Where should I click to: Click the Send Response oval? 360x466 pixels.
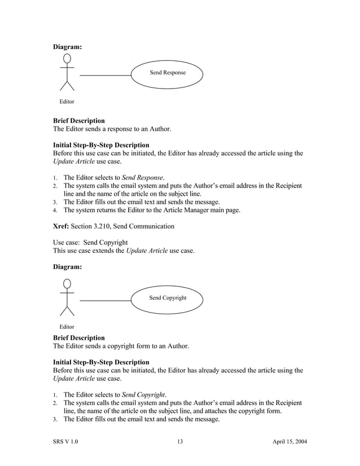[x=167, y=73]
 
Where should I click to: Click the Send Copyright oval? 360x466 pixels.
[x=167, y=298]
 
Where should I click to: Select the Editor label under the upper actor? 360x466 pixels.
[x=67, y=102]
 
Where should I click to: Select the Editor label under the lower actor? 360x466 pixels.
[x=67, y=327]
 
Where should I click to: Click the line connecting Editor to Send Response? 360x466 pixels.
[x=105, y=75]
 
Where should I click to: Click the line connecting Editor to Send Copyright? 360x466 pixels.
[x=105, y=300]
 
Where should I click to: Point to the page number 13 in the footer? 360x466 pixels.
[x=180, y=441]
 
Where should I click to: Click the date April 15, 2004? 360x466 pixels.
[x=287, y=441]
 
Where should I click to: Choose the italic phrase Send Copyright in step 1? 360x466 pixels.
[x=144, y=394]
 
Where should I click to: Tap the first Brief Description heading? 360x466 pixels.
[x=78, y=121]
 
